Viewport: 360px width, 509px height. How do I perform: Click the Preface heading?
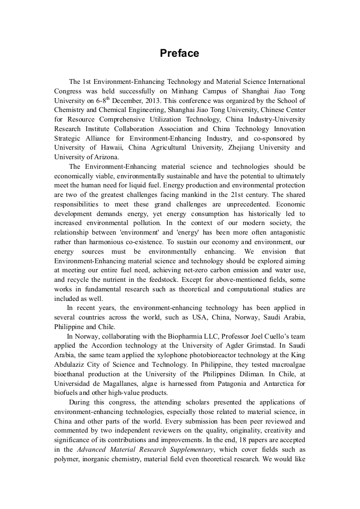pyautogui.click(x=179, y=54)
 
